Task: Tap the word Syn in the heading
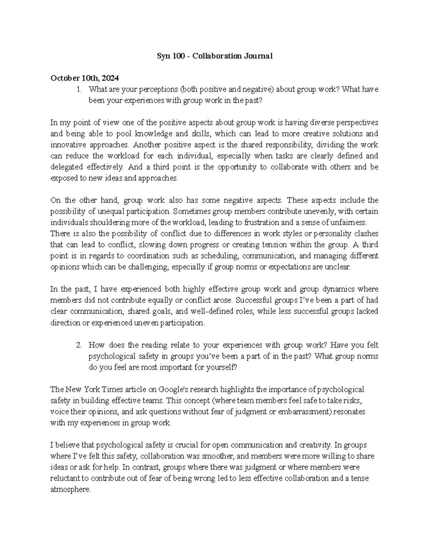point(164,56)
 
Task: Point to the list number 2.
point(79,345)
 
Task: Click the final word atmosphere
point(70,490)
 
